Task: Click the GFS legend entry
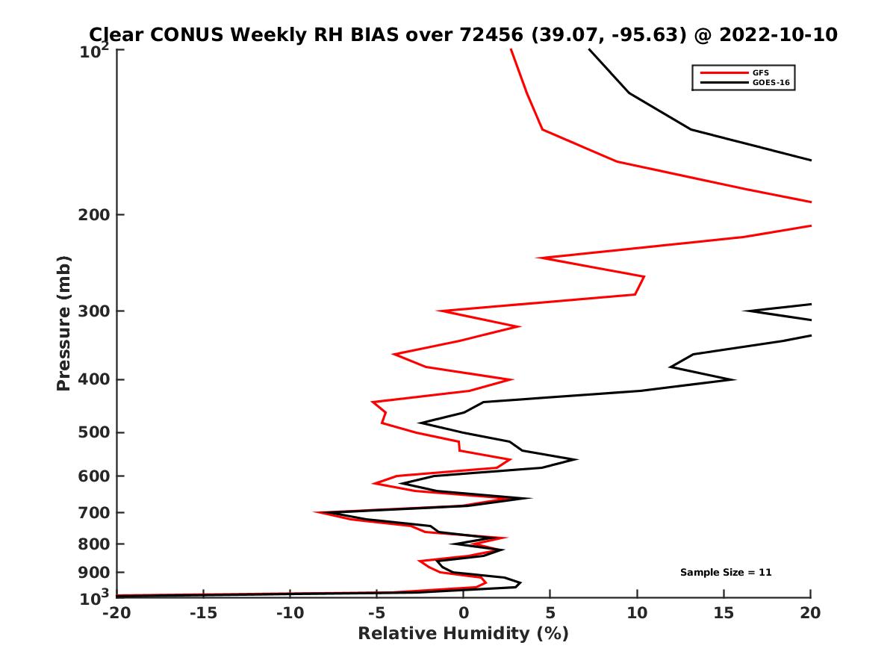tap(761, 72)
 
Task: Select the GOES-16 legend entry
tap(771, 83)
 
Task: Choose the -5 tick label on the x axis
tap(376, 614)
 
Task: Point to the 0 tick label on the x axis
tap(463, 614)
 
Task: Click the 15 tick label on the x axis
tap(724, 614)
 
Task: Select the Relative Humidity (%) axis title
tap(463, 634)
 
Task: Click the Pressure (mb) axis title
tap(63, 323)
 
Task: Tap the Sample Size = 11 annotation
tap(725, 573)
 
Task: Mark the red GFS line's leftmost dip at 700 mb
tap(316, 512)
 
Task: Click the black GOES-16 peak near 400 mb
tap(735, 379)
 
